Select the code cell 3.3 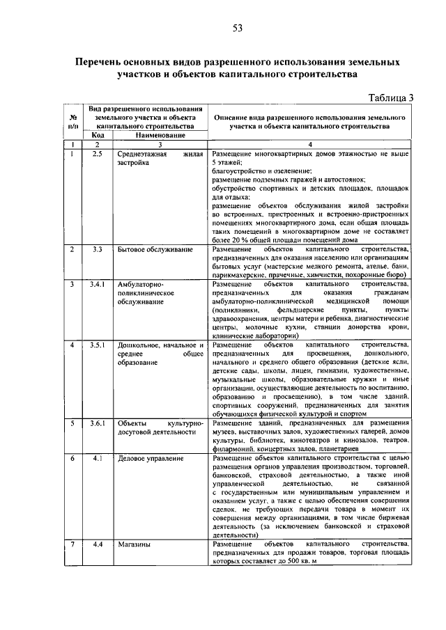click(x=98, y=249)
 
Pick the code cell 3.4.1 click(x=98, y=285)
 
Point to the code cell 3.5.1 click(x=98, y=345)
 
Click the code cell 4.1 click(x=98, y=459)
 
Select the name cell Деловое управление click(x=151, y=459)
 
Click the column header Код click(x=98, y=135)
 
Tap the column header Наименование click(x=155, y=135)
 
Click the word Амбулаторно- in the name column click(x=141, y=285)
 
